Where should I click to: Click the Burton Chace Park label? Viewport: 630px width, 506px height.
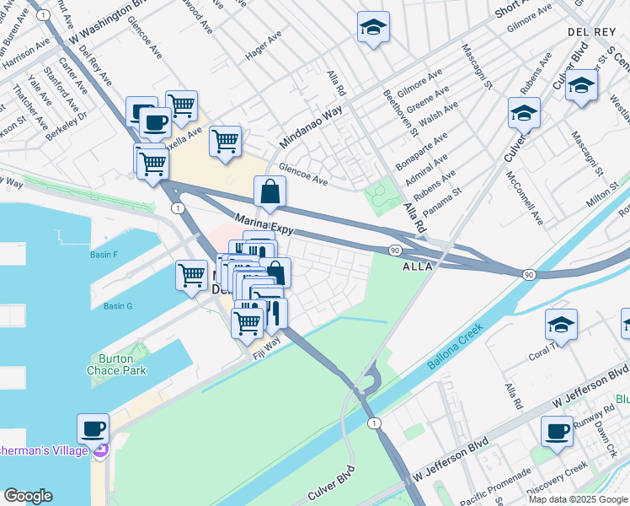[x=116, y=363]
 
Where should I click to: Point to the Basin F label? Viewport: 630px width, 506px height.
[x=104, y=253]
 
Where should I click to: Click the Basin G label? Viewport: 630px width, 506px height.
[x=118, y=305]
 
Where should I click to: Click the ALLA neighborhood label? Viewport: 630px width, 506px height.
[x=418, y=266]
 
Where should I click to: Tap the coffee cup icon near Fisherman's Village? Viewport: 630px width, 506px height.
[x=93, y=428]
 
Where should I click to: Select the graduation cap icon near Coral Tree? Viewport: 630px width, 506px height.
[x=561, y=325]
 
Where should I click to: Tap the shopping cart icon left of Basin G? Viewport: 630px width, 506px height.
[x=192, y=275]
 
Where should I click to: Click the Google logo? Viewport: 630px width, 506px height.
[x=29, y=496]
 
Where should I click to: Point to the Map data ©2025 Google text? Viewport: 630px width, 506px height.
[x=577, y=499]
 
